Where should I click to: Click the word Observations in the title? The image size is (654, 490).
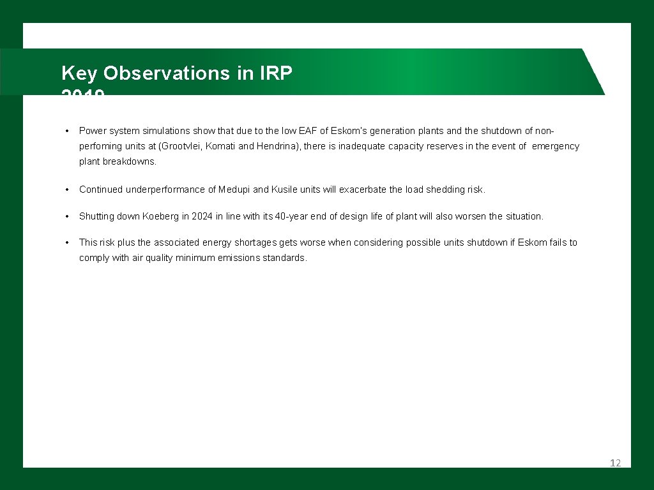coord(167,73)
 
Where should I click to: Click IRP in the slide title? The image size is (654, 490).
coord(276,73)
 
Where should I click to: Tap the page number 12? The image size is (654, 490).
coord(615,463)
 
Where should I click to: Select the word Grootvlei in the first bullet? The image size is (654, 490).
coord(181,146)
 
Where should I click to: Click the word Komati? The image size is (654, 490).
coord(221,146)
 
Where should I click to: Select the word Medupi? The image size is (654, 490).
coord(234,189)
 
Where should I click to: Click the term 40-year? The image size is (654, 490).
coord(291,216)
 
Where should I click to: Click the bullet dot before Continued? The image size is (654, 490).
coord(66,189)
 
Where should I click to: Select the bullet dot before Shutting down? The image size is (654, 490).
coord(66,216)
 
